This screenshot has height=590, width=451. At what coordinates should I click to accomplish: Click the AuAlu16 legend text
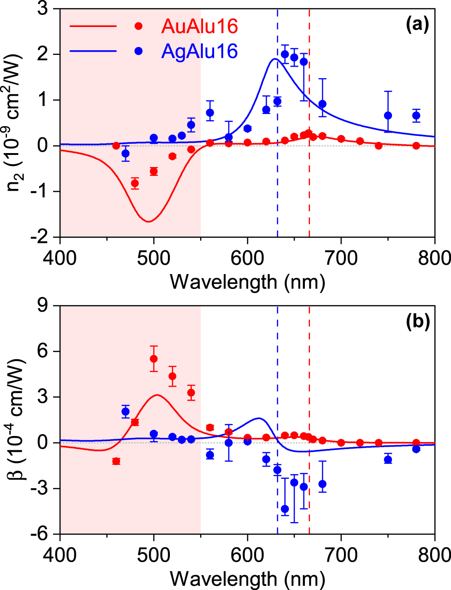tap(200, 27)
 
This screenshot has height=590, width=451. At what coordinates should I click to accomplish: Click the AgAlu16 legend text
tap(200, 51)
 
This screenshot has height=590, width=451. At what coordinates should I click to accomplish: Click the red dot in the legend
tap(138, 27)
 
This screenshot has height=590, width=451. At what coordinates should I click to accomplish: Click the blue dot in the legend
tap(138, 51)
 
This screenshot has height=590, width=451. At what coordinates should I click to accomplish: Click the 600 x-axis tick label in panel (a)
tap(247, 257)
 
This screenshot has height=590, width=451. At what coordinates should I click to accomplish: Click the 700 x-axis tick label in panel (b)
tap(341, 555)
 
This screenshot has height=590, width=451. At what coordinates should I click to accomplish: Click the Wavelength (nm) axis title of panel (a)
tap(247, 282)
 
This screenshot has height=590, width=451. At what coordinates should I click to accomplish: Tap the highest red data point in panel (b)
tap(154, 359)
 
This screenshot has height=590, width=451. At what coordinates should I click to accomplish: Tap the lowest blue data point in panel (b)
tap(285, 509)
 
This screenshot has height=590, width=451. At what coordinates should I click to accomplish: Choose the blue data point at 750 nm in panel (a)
tap(388, 115)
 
